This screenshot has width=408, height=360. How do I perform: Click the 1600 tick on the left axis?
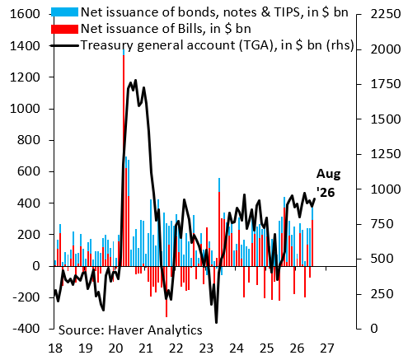coord(51,14)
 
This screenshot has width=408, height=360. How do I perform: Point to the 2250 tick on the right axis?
coord(359,14)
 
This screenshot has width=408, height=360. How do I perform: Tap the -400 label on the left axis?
coord(26,329)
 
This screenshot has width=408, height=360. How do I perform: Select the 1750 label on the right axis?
coord(386,84)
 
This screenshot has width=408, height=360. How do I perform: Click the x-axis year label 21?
coord(146,348)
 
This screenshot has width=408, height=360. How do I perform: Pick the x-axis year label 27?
coord(327,348)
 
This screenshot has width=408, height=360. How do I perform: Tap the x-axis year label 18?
coord(55,348)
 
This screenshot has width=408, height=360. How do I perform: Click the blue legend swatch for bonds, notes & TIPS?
coord(64,12)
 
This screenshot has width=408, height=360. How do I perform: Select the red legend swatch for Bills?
coord(64,29)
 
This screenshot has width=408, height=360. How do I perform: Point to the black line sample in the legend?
coord(64,45)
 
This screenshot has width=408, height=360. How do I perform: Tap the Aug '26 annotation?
coord(328,183)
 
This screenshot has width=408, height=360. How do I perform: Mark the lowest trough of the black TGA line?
coord(216,322)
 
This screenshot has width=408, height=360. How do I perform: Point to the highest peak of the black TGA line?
coord(135,81)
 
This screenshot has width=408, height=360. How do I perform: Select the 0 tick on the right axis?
coord(359,329)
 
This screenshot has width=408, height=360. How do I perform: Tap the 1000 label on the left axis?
coord(25,109)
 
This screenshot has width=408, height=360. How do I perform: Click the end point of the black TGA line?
coord(315,199)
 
